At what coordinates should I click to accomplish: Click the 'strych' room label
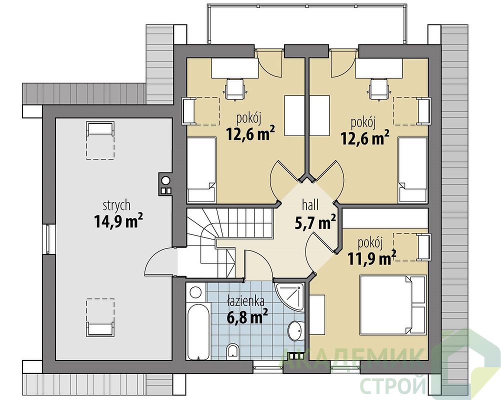tap(116, 205)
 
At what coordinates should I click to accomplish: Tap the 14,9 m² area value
tap(118, 221)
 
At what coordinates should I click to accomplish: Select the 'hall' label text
tap(309, 205)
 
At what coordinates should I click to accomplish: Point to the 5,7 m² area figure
tap(314, 221)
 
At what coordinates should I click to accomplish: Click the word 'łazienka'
tap(245, 301)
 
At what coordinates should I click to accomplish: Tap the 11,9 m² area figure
tap(372, 258)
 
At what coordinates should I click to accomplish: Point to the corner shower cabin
tap(289, 296)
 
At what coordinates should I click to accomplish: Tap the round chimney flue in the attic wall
tap(165, 180)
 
